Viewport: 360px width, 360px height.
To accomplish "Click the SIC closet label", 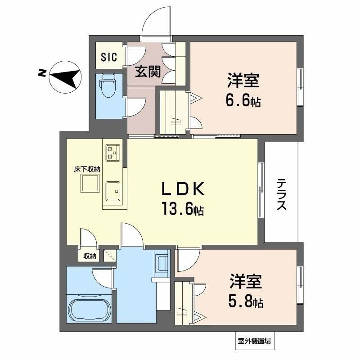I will pos(109,57).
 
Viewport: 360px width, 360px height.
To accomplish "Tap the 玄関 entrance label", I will pos(148,71).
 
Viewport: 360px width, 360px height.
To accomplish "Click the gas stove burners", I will pos(112,153).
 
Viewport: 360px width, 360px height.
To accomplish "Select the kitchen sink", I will pos(112,192).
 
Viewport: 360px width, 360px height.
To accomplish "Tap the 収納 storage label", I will pos(90,256).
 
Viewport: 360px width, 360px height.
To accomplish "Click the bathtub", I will pos(89,309).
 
